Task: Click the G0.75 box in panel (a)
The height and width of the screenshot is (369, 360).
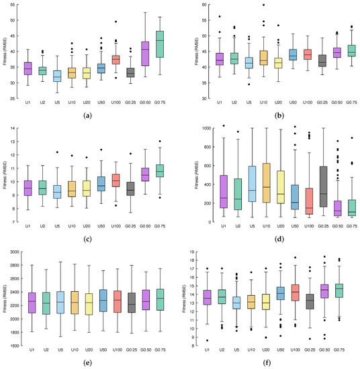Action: coord(160,44)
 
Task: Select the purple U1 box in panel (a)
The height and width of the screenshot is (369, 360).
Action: coord(28,68)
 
